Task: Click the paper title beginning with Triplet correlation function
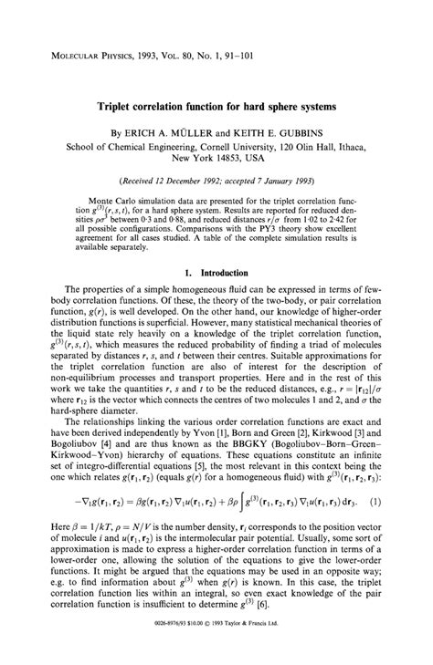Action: (x=216, y=107)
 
